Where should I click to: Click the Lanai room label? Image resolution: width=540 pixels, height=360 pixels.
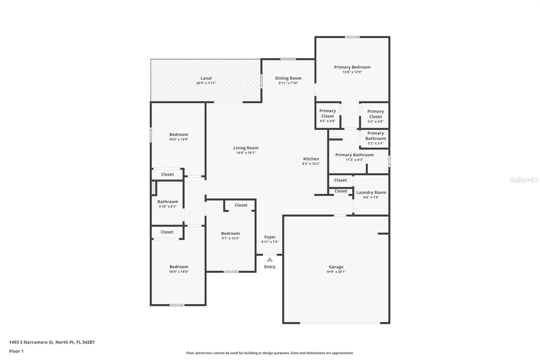point(206,78)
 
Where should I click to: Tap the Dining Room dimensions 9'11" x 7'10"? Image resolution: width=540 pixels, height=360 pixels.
point(288,83)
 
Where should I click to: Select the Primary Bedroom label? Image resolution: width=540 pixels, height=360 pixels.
point(352,67)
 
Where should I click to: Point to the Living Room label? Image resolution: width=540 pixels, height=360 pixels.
point(246,148)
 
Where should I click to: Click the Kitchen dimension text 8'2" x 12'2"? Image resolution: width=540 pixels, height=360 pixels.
point(311,163)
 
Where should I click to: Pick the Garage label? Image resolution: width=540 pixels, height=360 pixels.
point(336,267)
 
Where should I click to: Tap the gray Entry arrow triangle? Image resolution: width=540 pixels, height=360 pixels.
point(270,259)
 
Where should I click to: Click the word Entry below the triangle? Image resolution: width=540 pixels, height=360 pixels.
point(270,266)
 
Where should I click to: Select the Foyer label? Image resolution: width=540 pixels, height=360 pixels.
point(270,237)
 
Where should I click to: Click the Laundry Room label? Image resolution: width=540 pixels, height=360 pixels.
point(371,192)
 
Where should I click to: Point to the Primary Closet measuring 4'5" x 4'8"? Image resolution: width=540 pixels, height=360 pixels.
point(327,115)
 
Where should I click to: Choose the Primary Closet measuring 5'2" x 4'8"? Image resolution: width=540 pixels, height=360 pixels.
point(375,116)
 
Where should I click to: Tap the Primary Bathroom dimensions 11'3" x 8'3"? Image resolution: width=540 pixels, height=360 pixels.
point(354,160)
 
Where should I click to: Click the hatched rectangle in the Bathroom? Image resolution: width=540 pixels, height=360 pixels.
point(154,188)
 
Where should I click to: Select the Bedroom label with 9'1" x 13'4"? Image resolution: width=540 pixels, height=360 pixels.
point(231,233)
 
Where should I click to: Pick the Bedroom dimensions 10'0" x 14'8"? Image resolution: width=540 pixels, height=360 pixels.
point(179,272)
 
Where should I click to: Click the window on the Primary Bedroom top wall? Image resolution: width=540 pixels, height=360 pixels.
point(352,37)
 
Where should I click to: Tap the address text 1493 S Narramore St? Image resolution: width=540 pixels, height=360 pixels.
point(31,342)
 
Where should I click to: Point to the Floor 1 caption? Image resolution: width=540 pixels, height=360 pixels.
point(16,351)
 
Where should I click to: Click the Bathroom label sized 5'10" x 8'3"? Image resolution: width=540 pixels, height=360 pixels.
point(167,202)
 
